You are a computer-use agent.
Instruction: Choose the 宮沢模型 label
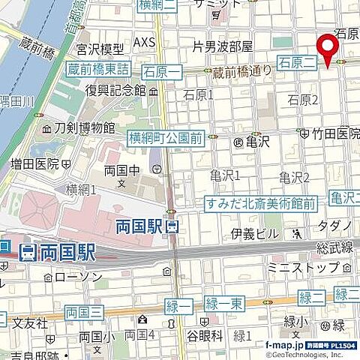99,49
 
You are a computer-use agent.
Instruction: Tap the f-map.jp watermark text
283,345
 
